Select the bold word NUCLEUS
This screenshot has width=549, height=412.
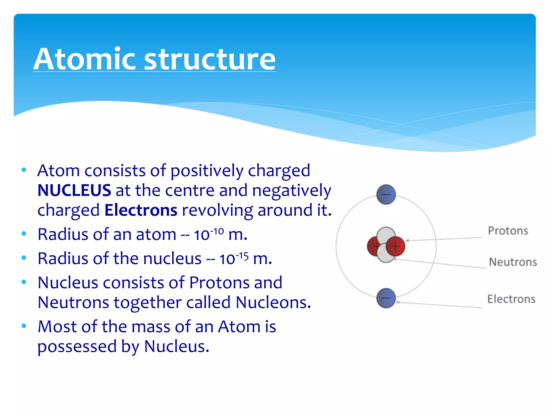tap(74, 190)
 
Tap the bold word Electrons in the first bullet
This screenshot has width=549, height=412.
tap(141, 210)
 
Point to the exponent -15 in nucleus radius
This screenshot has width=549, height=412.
tap(242, 255)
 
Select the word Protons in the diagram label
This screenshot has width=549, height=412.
tap(508, 231)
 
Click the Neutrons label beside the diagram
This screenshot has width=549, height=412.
tap(513, 262)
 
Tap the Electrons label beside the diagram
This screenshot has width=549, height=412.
tap(511, 299)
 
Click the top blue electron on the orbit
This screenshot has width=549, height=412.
tap(386, 194)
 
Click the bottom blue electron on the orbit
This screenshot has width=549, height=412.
tap(386, 298)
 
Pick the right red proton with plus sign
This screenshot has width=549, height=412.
tap(396, 246)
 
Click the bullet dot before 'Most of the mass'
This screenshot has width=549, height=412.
tap(24, 326)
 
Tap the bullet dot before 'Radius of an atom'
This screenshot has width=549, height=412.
tap(24, 233)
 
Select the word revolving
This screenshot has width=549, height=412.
tap(217, 210)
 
